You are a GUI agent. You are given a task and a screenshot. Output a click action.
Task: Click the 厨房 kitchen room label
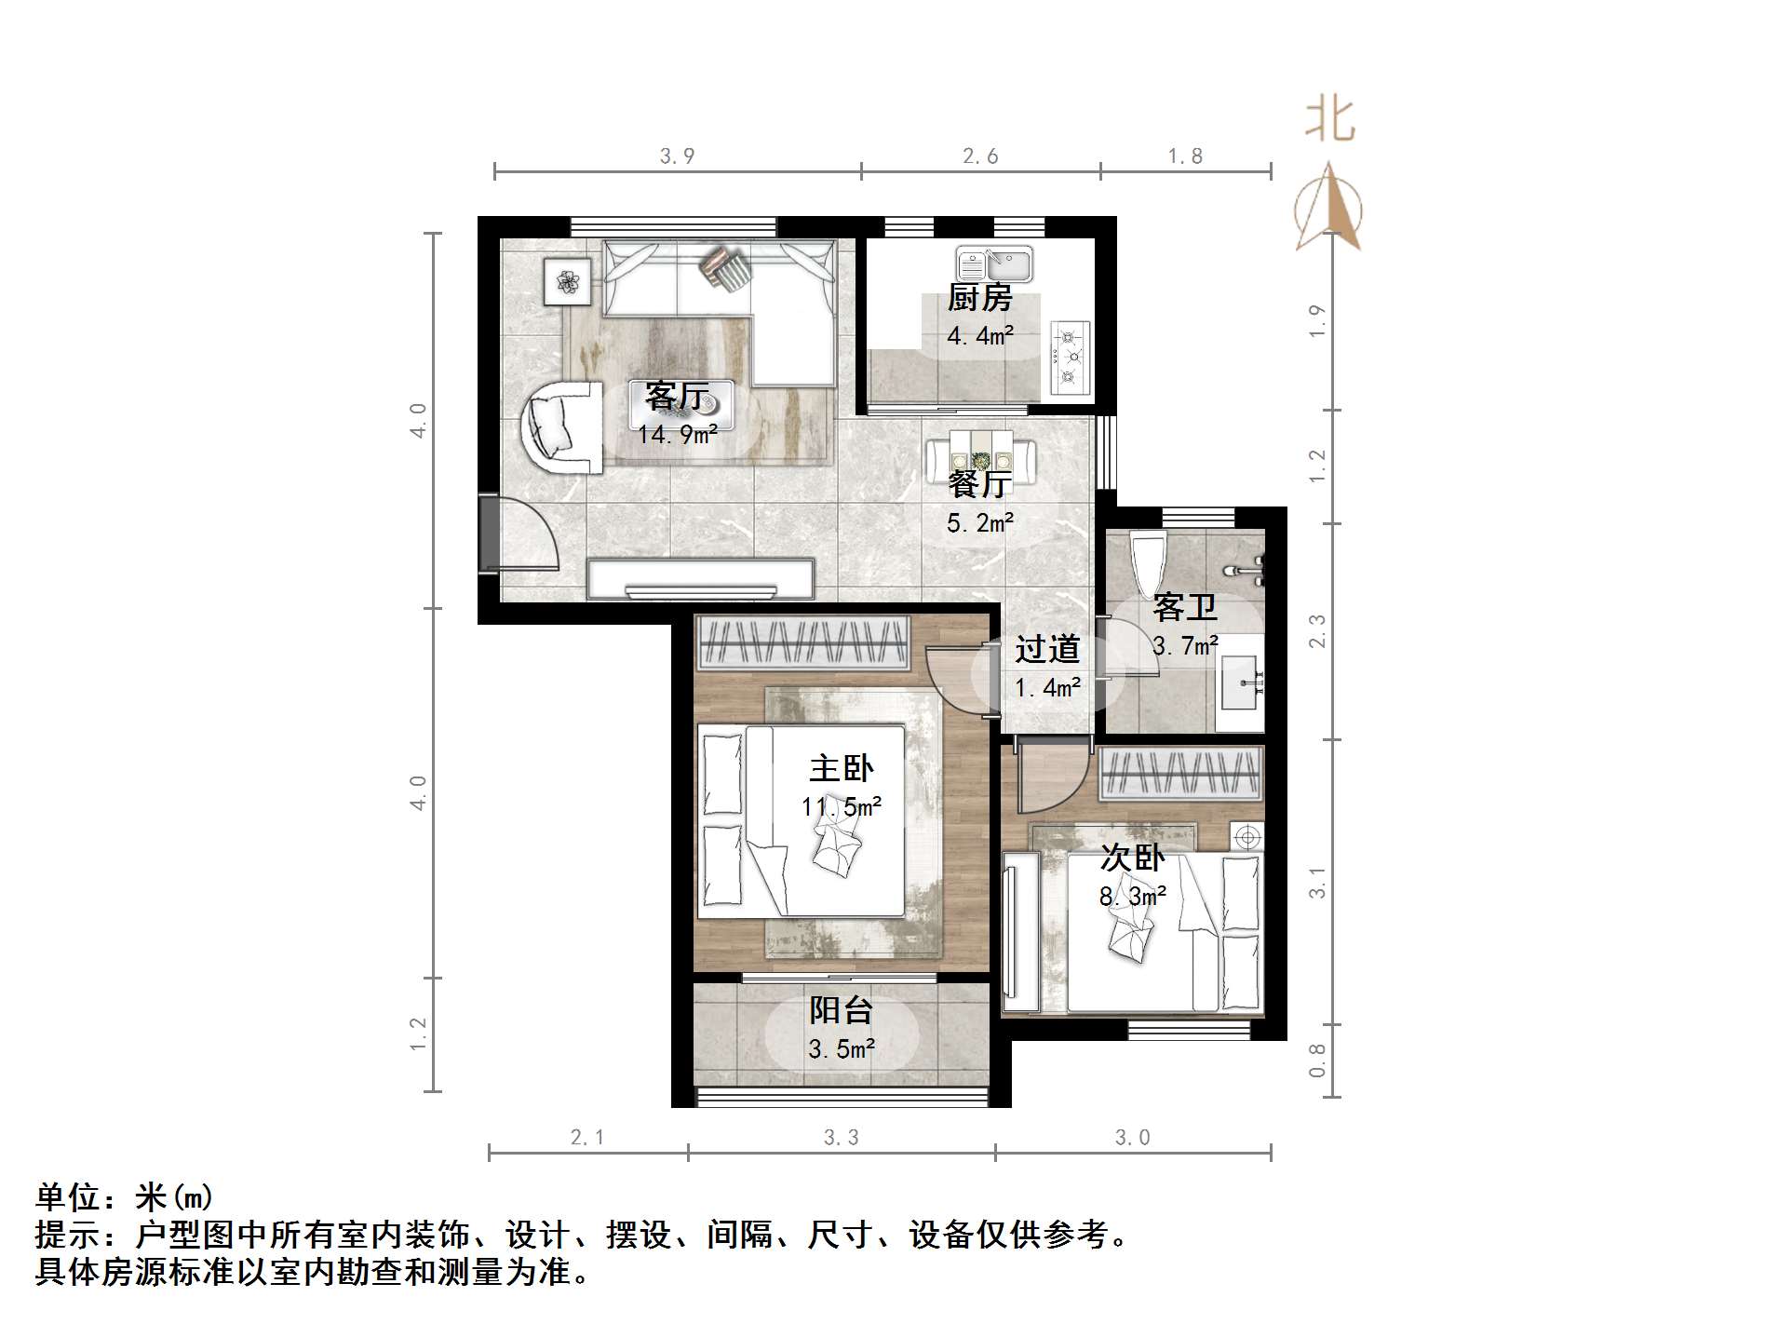(x=979, y=299)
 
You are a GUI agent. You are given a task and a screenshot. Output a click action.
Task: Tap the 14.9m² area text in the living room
(x=678, y=435)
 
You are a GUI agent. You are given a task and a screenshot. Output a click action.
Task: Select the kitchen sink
(x=993, y=264)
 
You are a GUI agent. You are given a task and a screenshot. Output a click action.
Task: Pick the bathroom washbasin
(x=1241, y=682)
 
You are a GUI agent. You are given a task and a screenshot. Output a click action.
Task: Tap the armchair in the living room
(x=559, y=426)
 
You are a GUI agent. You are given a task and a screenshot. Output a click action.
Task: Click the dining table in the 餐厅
(x=981, y=459)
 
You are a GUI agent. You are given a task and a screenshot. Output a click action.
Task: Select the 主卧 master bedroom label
(x=842, y=769)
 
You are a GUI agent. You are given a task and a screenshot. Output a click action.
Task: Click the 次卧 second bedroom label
(x=1132, y=858)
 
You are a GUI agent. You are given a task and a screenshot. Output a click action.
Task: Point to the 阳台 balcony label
(x=842, y=1011)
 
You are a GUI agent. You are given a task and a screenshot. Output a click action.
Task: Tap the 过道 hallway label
(x=1047, y=649)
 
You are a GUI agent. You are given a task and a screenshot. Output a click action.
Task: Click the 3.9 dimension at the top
(x=678, y=156)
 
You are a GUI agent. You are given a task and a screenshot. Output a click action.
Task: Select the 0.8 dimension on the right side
(x=1317, y=1061)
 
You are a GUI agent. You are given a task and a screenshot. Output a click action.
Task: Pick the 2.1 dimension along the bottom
(x=587, y=1137)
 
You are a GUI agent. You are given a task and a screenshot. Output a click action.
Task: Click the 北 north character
(x=1330, y=121)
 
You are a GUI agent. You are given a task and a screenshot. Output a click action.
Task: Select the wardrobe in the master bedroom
(x=802, y=642)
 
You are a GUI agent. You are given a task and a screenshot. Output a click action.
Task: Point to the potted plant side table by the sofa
(x=567, y=279)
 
